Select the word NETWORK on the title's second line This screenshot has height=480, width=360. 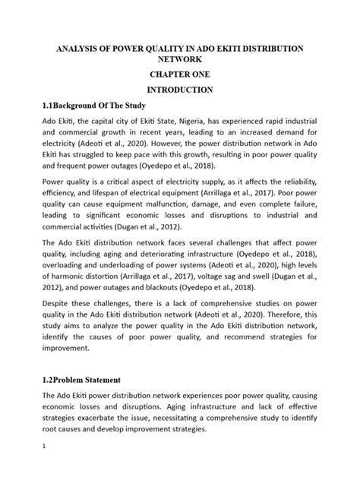(x=179, y=61)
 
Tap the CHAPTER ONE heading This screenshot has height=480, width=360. (x=179, y=76)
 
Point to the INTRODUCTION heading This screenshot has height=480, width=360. (x=179, y=91)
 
